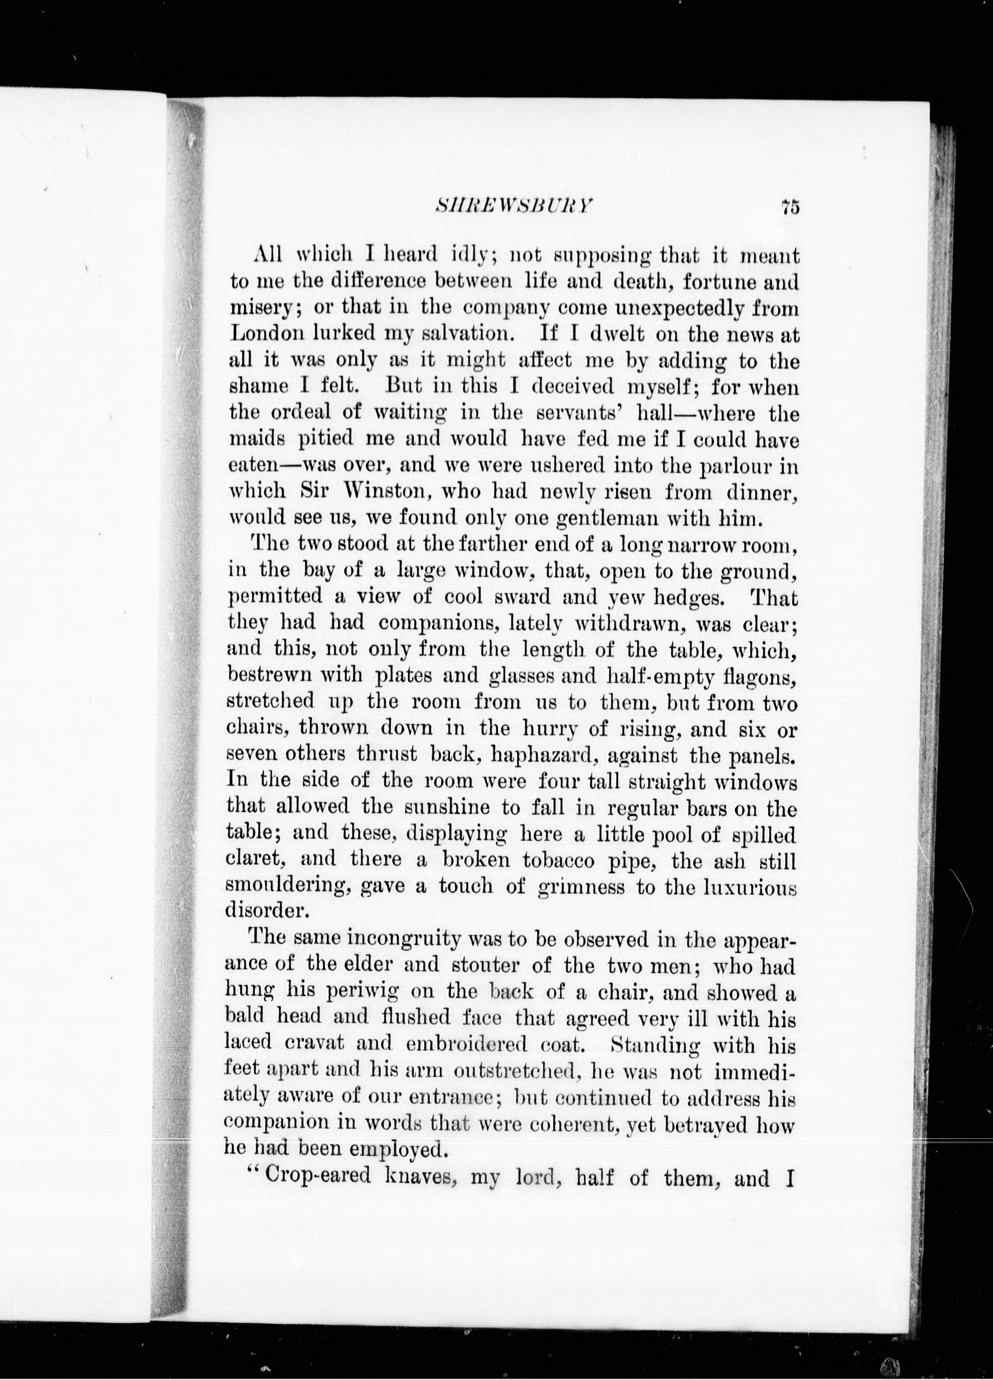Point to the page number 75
click(789, 207)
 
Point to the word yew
click(627, 598)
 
